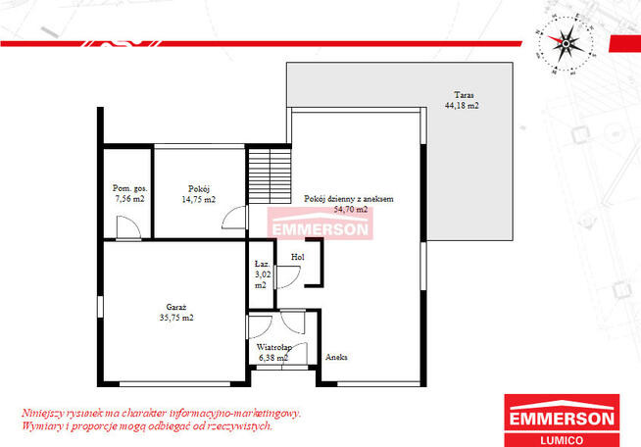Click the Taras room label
click(x=464, y=95)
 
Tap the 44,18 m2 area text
click(x=462, y=106)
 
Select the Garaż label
click(x=176, y=307)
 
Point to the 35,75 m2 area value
click(x=176, y=318)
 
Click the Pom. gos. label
click(x=130, y=188)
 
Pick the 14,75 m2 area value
click(x=199, y=200)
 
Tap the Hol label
click(x=298, y=257)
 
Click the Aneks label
click(x=336, y=357)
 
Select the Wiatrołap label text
click(x=273, y=347)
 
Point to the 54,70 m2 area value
click(x=351, y=210)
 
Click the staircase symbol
click(x=270, y=175)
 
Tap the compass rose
click(x=566, y=44)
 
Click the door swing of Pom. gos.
click(x=128, y=227)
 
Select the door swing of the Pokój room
click(x=234, y=218)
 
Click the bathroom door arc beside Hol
click(x=288, y=277)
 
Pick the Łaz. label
click(x=262, y=265)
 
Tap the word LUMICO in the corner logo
click(x=563, y=440)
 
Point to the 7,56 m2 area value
click(x=129, y=199)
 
